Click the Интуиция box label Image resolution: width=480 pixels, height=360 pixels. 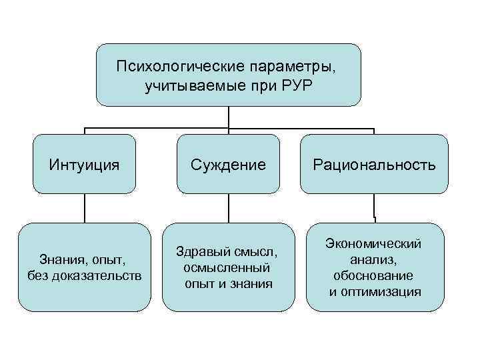85,164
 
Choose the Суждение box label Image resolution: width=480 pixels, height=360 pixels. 229,164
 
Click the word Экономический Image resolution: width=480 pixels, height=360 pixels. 373,244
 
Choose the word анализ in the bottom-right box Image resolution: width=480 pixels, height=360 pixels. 372,260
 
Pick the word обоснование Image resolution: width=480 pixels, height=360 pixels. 373,275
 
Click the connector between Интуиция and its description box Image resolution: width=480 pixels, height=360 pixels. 85,208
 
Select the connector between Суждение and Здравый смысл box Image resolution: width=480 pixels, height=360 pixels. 229,208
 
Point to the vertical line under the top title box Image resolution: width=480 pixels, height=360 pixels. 229,117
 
